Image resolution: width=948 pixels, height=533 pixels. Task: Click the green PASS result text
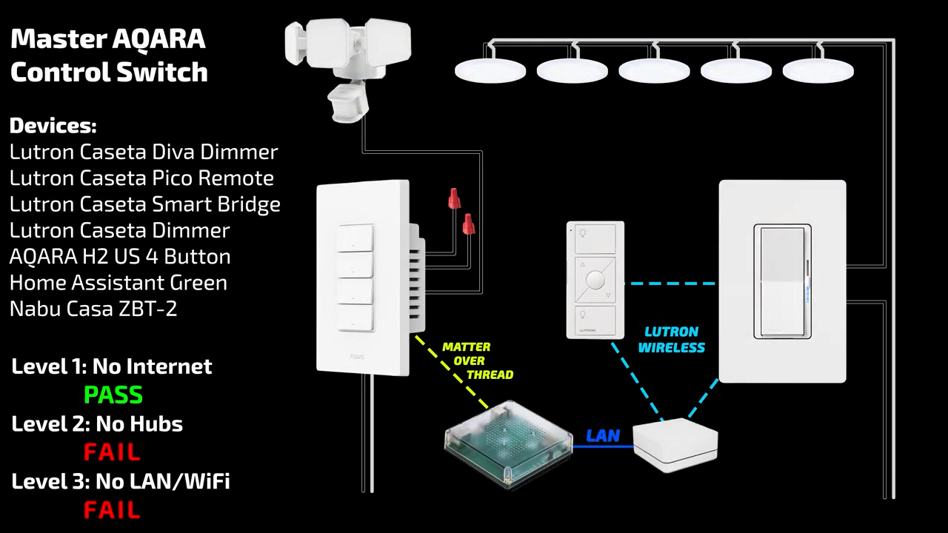pos(113,395)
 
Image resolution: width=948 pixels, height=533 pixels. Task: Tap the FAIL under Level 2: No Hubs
pos(112,452)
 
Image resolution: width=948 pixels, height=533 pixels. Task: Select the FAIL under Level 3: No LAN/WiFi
pos(112,510)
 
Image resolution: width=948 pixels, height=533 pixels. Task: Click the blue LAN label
pos(602,436)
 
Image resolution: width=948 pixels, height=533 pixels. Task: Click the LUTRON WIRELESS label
pos(671,340)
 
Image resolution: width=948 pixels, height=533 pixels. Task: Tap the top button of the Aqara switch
pos(356,239)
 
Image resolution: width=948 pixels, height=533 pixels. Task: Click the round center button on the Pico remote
pos(595,280)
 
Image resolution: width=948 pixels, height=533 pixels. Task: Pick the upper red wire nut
pos(454,198)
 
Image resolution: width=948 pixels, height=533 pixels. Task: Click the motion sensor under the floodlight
pos(346,103)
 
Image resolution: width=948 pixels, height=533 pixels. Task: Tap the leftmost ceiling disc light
pos(490,72)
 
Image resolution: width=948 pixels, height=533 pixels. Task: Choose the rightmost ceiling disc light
pos(818,72)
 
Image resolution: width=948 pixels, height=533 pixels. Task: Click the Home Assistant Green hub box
pos(508,444)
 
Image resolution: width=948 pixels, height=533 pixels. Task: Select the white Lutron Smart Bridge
pos(675,445)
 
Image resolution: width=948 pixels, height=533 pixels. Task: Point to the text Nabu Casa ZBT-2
pos(93,309)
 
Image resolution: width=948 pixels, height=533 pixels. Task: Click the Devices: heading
pos(53,125)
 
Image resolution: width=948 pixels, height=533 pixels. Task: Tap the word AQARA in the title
pos(158,40)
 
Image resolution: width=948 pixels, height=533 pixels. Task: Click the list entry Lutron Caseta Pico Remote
pos(141,178)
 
